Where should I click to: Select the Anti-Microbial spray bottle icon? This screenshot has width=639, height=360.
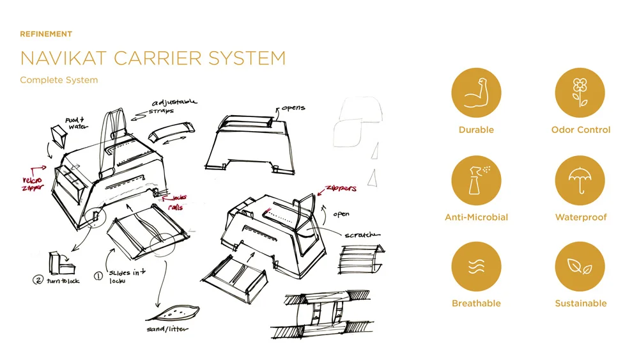(476, 181)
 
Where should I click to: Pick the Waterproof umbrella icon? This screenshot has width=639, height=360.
(580, 181)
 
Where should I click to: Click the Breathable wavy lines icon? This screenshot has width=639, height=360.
(476, 267)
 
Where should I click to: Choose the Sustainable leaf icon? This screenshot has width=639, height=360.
(580, 267)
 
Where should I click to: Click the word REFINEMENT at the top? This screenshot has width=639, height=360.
(46, 34)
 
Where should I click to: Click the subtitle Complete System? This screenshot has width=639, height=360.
(59, 80)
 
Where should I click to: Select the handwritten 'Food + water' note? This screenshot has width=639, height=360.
(77, 123)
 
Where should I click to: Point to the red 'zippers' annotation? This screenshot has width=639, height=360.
(341, 189)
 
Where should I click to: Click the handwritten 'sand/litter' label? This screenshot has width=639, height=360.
(167, 329)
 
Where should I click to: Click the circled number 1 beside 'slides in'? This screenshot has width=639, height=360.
(98, 276)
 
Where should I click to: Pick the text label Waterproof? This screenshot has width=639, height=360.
(580, 217)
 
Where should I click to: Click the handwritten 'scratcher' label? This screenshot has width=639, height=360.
(362, 235)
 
